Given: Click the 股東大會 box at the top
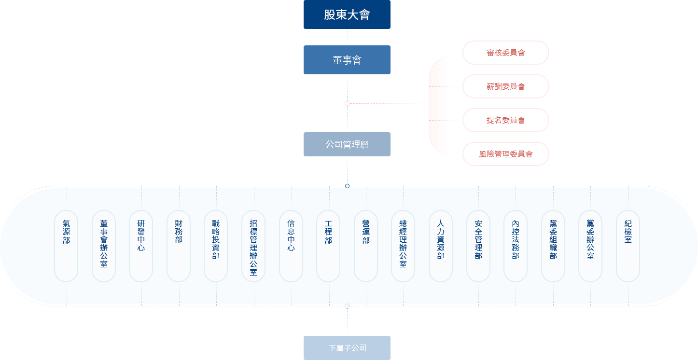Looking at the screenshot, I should (347, 14).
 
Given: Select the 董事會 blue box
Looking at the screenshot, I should (347, 60).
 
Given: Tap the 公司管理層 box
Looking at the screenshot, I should (347, 144).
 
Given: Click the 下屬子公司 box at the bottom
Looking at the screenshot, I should (347, 348).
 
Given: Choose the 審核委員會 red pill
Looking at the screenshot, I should (505, 53).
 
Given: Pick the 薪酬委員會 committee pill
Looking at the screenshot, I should (505, 86).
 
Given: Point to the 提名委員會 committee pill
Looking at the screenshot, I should (505, 120).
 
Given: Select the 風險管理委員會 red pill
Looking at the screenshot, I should (505, 154).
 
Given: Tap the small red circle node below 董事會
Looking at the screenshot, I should (347, 103).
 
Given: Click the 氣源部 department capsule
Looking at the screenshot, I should (66, 246).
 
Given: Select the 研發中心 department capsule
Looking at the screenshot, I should (141, 246).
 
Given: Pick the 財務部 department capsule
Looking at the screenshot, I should (179, 246).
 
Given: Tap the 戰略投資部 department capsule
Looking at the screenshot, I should (216, 246).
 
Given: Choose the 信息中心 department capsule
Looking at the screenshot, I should (291, 246).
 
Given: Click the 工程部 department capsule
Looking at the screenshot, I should (328, 246).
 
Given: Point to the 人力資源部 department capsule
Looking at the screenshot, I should (441, 246).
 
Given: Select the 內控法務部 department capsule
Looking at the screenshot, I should (516, 246).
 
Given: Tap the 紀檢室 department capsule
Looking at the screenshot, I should (628, 246).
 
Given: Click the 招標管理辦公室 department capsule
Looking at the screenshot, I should (253, 246).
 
